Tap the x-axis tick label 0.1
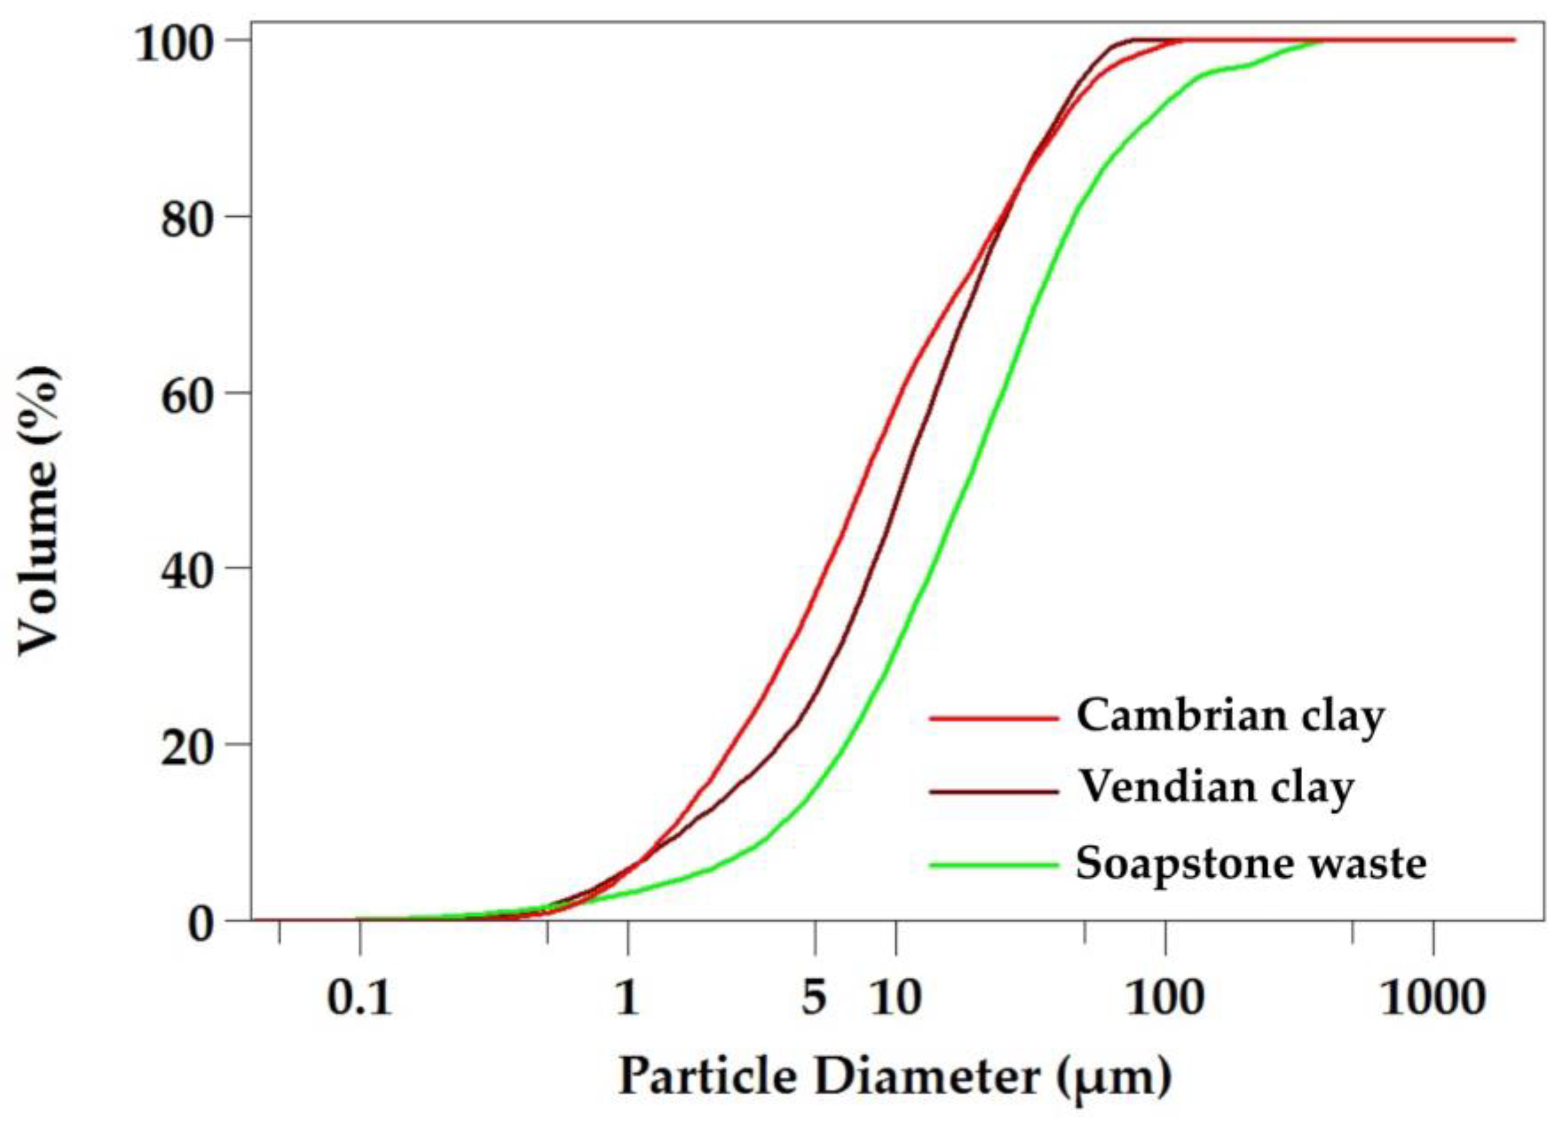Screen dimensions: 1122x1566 pyautogui.click(x=358, y=998)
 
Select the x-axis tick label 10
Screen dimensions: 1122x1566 pyautogui.click(x=896, y=998)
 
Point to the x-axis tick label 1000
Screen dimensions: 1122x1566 pyautogui.click(x=1432, y=998)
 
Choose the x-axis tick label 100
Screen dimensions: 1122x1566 pyautogui.click(x=1166, y=998)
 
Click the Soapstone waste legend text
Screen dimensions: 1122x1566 pyautogui.click(x=1250, y=863)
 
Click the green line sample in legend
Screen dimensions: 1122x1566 pyautogui.click(x=994, y=864)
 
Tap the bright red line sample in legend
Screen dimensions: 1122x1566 pyautogui.click(x=994, y=718)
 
